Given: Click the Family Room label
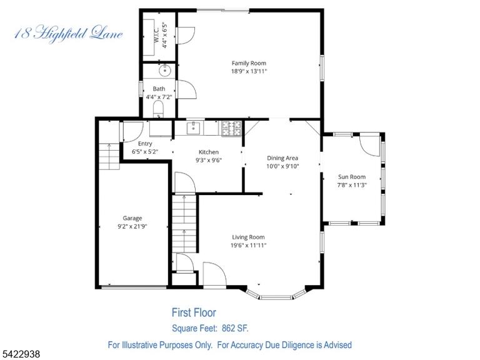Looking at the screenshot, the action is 249,63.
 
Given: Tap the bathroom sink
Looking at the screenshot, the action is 165,71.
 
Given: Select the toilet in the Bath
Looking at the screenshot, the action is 158,109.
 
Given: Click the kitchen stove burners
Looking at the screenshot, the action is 232,129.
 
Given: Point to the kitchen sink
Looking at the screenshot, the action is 194,128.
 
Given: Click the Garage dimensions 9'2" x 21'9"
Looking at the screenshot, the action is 132,226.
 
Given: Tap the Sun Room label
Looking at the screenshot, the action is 352,177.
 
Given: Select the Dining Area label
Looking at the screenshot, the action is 282,158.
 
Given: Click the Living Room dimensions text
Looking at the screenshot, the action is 249,245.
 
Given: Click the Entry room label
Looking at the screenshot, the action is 145,144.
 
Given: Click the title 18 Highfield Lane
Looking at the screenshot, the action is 69,34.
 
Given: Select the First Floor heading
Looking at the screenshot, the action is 194,312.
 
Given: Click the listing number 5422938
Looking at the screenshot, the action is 20,354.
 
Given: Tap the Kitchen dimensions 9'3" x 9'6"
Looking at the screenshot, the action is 209,160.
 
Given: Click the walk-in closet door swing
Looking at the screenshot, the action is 186,36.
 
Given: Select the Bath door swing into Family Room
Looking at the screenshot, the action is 186,89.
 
